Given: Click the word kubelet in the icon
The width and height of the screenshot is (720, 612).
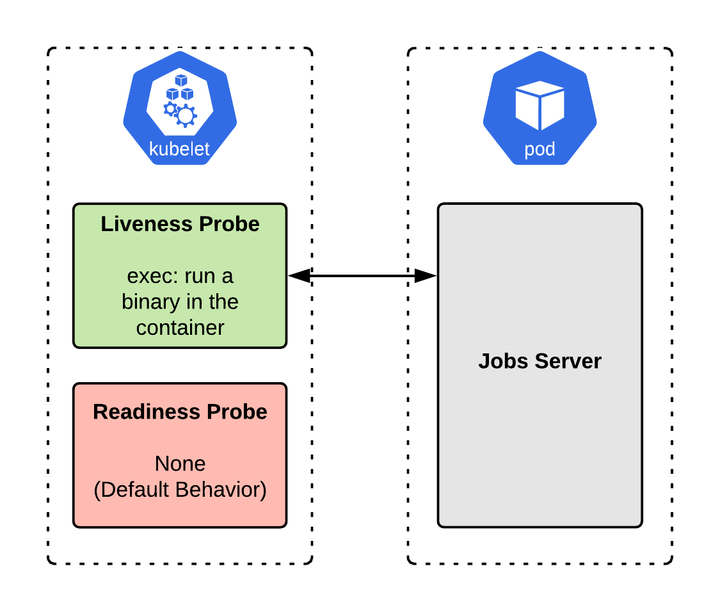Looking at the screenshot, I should pos(179,149).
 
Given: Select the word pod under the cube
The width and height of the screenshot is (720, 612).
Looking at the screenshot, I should pos(540,150).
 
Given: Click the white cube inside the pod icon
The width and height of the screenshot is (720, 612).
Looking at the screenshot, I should pos(540,104).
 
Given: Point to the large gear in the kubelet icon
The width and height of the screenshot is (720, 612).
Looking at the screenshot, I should pos(186,115).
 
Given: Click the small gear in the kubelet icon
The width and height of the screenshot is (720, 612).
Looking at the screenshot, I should pos(170,109).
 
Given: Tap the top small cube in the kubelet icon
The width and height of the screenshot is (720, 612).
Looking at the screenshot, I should pos(181,81).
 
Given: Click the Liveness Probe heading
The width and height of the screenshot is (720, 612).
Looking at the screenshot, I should pos(180,224).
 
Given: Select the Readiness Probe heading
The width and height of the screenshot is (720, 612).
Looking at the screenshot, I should pos(180,412).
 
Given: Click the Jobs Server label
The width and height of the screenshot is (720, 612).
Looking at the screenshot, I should pos(540,361).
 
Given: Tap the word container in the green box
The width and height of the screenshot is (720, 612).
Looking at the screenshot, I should pos(180,327).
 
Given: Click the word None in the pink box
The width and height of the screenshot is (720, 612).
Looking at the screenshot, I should pos(180,463).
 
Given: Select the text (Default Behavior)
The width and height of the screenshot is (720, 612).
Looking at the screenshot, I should pos(180,489).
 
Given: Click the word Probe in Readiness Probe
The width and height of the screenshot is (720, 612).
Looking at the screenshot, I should pos(240,412).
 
